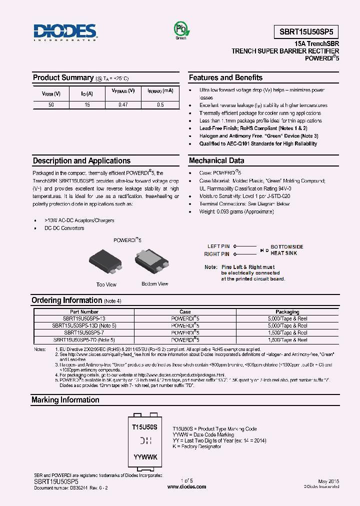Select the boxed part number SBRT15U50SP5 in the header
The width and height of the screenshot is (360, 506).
pos(306,32)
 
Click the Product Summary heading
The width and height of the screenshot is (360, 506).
pos(63,77)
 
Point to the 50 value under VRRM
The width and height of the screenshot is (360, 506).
pos(51,105)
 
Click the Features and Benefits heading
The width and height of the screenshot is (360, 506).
pos(225,77)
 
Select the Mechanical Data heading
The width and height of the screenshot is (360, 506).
pos(216,160)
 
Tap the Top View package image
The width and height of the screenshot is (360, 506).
pos(105,261)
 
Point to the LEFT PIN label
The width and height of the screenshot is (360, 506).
pos(218,246)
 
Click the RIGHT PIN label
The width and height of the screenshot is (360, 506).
pos(217,254)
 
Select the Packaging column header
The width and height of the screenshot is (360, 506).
pos(287,312)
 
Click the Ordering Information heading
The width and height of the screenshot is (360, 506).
pos(66,300)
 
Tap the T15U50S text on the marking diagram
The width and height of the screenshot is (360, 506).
pos(144,427)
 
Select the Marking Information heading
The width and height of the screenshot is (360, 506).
pos(65,400)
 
